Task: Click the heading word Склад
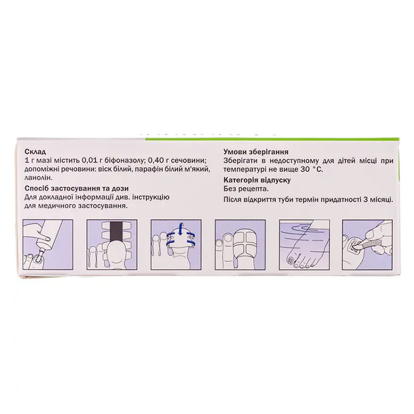tap(35, 152)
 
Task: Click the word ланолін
tap(38, 178)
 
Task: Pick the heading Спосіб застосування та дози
tap(77, 189)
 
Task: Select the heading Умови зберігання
tap(256, 152)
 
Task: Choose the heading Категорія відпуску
tap(257, 180)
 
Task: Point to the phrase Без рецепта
tap(246, 189)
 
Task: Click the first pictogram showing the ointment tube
tap(48, 245)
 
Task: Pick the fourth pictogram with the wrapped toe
tap(240, 245)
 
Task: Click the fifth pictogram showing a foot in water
tap(304, 245)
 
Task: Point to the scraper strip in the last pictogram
tap(369, 244)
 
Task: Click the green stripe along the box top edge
tap(272, 138)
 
